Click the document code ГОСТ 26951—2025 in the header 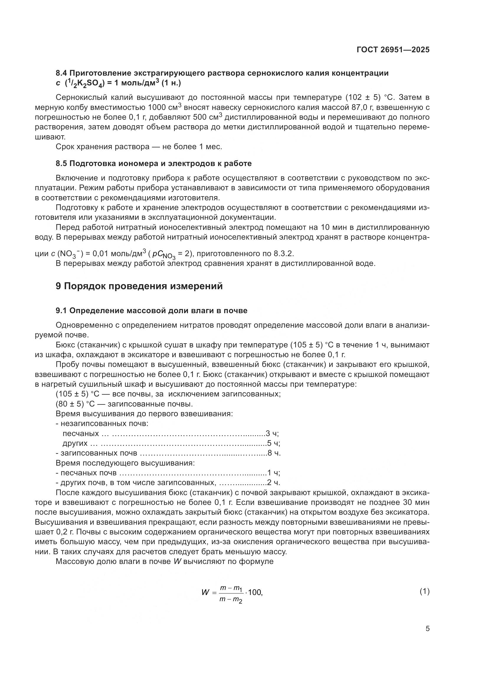(393, 50)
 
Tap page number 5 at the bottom (428, 628)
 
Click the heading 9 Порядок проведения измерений (139, 286)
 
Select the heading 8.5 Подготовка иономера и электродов (153, 163)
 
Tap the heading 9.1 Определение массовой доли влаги (151, 310)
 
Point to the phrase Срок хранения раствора (102, 147)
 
